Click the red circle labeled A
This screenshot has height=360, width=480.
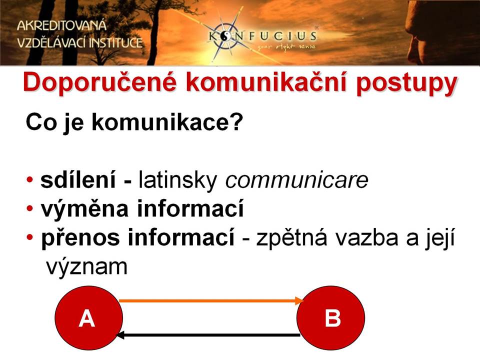pyautogui.click(x=89, y=318)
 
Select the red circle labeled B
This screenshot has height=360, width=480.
pyautogui.click(x=330, y=318)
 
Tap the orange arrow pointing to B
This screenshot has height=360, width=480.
pyautogui.click(x=211, y=301)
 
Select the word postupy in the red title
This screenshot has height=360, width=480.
pyautogui.click(x=406, y=84)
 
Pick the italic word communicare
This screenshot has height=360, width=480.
pyautogui.click(x=296, y=180)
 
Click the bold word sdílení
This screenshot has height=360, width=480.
pyautogui.click(x=78, y=179)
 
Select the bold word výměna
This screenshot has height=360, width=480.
pyautogui.click(x=84, y=209)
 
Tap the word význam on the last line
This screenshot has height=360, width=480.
pyautogui.click(x=86, y=267)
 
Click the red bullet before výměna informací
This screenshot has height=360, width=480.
pyautogui.click(x=29, y=208)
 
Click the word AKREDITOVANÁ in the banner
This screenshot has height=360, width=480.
pyautogui.click(x=61, y=25)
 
